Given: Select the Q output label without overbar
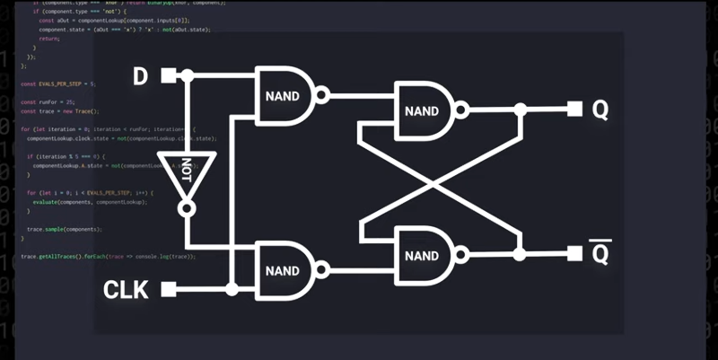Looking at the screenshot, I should [x=600, y=110].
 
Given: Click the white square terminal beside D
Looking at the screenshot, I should [x=168, y=76].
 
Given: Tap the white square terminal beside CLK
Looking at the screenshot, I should [x=168, y=289].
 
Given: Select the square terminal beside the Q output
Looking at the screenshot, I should [x=574, y=110].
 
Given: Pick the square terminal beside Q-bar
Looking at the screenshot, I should [x=574, y=253].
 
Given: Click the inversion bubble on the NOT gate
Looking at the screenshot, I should [x=187, y=209].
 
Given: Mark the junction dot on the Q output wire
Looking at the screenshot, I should [x=520, y=110].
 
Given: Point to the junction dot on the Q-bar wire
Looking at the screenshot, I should [x=520, y=253].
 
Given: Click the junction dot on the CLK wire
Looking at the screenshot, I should [x=232, y=289].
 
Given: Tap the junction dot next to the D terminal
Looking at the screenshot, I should [x=187, y=76].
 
